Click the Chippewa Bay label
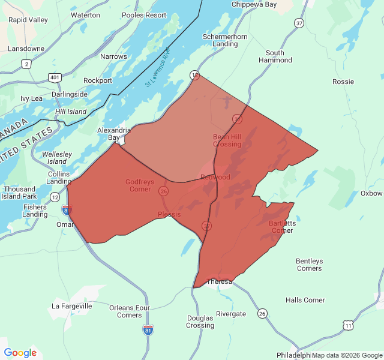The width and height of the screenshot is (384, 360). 255,5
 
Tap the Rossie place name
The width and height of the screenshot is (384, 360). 343,81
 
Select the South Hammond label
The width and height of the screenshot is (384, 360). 275,56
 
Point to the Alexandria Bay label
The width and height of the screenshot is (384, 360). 114,134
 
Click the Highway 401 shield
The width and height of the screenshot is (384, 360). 55,77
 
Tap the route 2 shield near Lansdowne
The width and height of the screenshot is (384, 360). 26,63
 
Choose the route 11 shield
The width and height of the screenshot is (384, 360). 348,325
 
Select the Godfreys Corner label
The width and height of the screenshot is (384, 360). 138,185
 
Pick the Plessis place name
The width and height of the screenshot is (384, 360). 169,214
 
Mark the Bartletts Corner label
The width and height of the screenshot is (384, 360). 281,227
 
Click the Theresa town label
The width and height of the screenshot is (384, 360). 219,281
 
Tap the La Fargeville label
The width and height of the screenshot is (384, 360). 72,306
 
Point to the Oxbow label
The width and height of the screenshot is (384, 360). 371,193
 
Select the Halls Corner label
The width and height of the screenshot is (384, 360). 305,300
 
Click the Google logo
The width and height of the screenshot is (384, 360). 20,353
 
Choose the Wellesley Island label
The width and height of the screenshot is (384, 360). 57,158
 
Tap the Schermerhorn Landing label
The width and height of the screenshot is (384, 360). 225,40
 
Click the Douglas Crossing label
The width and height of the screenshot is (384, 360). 200,322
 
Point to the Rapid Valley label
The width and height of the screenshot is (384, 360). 28,20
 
